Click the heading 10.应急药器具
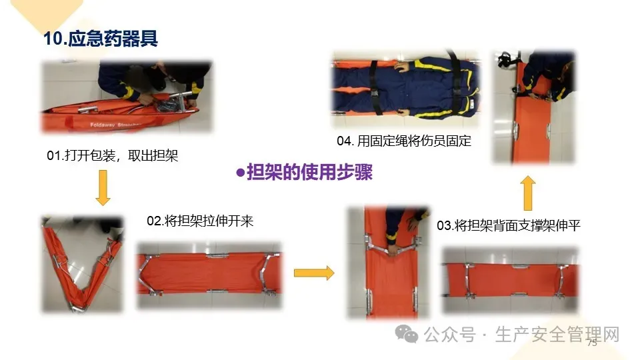click(101, 39)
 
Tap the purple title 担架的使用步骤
click(310, 172)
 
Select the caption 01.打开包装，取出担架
click(112, 155)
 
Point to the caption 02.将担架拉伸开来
click(200, 221)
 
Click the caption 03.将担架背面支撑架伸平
click(509, 225)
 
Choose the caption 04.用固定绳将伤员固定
click(404, 141)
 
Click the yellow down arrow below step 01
click(103, 188)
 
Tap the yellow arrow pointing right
click(314, 273)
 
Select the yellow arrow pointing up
click(528, 193)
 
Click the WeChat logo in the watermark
click(407, 334)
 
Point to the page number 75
click(592, 343)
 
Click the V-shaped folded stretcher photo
click(82, 265)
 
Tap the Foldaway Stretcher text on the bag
click(116, 125)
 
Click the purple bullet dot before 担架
click(241, 173)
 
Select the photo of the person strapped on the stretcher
click(405, 89)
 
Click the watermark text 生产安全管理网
click(557, 335)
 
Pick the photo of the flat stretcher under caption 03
click(511, 280)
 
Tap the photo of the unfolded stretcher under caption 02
click(209, 275)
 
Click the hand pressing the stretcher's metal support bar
click(393, 249)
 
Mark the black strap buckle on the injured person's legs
click(374, 93)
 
